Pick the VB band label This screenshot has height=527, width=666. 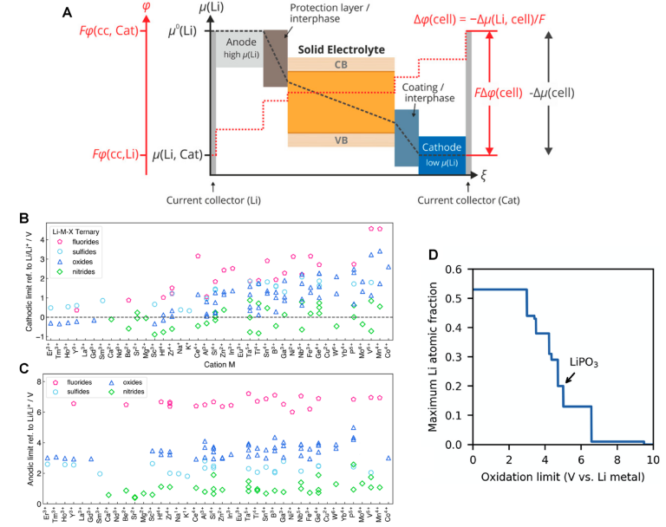pos(341,140)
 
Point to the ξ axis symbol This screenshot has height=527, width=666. pos(484,175)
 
